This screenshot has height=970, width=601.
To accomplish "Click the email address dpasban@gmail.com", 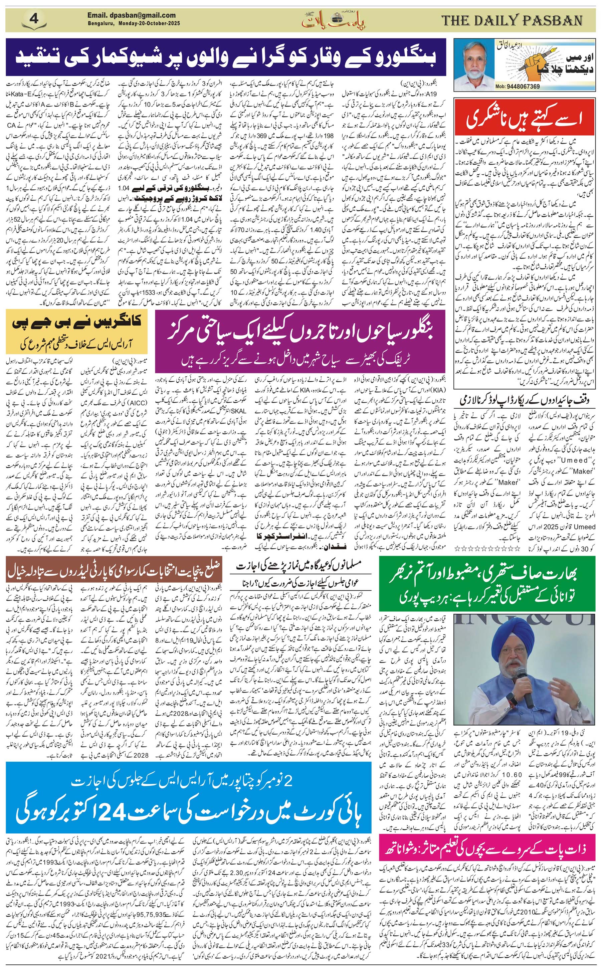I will (132, 15).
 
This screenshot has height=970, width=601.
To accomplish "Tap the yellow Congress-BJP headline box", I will (77, 332).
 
